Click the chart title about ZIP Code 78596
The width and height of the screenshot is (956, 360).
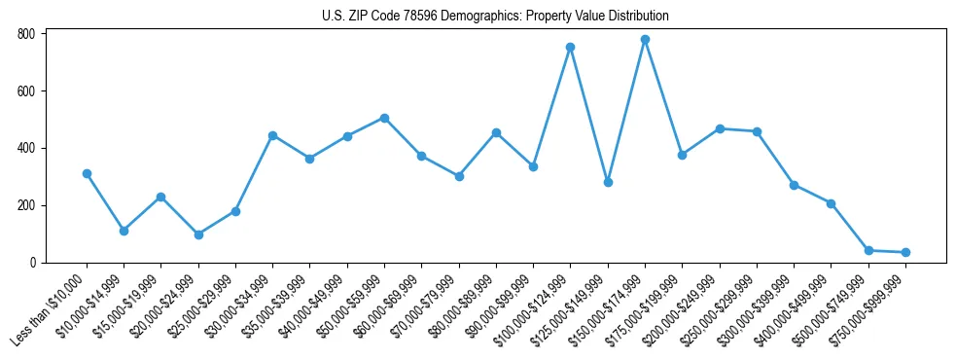pyautogui.click(x=495, y=16)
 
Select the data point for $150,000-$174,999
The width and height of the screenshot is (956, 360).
pyautogui.click(x=645, y=40)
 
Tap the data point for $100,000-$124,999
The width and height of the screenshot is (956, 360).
pyautogui.click(x=570, y=47)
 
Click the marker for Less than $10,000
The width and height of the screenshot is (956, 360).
pyautogui.click(x=87, y=173)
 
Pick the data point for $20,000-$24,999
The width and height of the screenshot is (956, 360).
pyautogui.click(x=198, y=234)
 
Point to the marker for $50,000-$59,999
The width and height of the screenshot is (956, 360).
pyautogui.click(x=384, y=118)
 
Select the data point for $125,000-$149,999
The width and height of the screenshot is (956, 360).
pyautogui.click(x=608, y=182)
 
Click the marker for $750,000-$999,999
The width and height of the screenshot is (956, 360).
pyautogui.click(x=905, y=252)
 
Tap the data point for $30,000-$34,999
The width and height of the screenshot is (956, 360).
pyautogui.click(x=273, y=135)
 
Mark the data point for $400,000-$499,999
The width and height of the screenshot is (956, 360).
pyautogui.click(x=831, y=203)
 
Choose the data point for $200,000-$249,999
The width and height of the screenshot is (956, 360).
pyautogui.click(x=720, y=128)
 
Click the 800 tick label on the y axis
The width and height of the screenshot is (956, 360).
pyautogui.click(x=26, y=34)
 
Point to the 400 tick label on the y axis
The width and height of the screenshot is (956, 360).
pyautogui.click(x=26, y=148)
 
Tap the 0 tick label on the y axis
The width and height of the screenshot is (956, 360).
pyautogui.click(x=32, y=263)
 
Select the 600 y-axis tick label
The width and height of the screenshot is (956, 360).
pyautogui.click(x=26, y=91)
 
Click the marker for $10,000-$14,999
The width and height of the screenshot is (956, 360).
pyautogui.click(x=124, y=231)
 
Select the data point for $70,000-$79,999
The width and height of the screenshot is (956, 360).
pyautogui.click(x=459, y=176)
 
